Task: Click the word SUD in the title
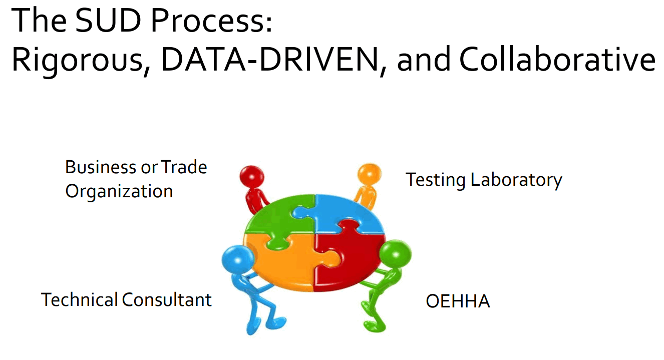coord(108,21)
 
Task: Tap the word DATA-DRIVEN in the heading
coord(270,59)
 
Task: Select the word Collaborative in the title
coord(557,59)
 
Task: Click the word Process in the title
coord(211,21)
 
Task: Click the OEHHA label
coord(458,301)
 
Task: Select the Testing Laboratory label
coord(484,180)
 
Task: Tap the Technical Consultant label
coord(126,299)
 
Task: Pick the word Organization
coord(119,192)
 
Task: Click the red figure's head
coord(252,177)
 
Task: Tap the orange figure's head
coord(370,174)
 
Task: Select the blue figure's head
coord(238,260)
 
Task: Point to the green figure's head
coord(395,254)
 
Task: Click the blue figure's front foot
coord(276,323)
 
